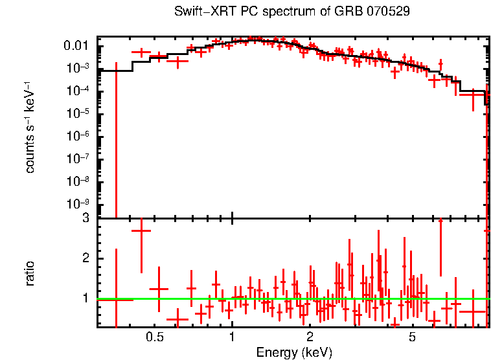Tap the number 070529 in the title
pyautogui.click(x=387, y=12)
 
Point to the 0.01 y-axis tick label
pyautogui.click(x=80, y=46)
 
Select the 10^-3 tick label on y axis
pyautogui.click(x=80, y=69)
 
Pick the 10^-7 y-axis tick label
pyautogui.click(x=80, y=159)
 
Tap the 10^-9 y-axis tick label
pyautogui.click(x=80, y=203)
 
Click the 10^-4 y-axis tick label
pyautogui.click(x=80, y=91)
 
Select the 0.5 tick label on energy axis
pyautogui.click(x=154, y=337)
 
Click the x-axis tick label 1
pyautogui.click(x=232, y=337)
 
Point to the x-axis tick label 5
pyautogui.click(x=412, y=337)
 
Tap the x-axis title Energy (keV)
pyautogui.click(x=294, y=353)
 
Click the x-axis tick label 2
pyautogui.click(x=310, y=337)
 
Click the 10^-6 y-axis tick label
pyautogui.click(x=80, y=136)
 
